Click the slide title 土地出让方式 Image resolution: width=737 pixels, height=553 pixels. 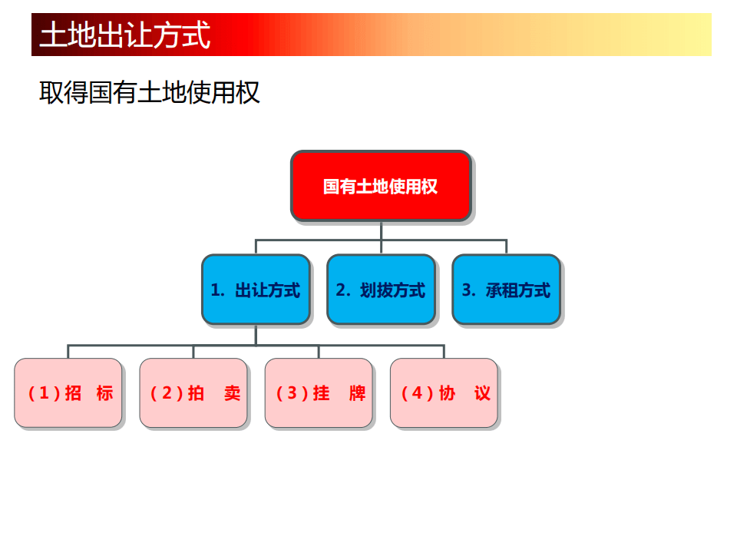tap(125, 35)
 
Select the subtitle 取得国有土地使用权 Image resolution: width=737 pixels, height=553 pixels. tap(149, 92)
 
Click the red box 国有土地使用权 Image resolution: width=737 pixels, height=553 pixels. tap(380, 187)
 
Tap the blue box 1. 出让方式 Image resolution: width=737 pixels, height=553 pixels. tap(256, 290)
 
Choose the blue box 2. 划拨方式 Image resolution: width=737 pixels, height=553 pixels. tap(381, 290)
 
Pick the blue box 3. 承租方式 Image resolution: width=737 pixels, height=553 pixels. tap(506, 290)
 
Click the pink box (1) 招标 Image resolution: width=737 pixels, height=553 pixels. tap(68, 392)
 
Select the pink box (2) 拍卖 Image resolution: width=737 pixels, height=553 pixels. tap(193, 392)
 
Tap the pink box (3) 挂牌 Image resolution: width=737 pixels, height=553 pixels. tap(319, 392)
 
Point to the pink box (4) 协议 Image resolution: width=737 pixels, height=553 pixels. tap(444, 392)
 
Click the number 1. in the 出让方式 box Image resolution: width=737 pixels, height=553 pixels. tap(217, 290)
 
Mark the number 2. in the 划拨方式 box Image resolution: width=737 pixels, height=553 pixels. tap(342, 290)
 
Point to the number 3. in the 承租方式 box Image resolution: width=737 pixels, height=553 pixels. tap(468, 290)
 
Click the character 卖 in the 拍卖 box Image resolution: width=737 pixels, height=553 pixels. tap(232, 393)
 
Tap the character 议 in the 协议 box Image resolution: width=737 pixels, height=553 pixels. tap(482, 393)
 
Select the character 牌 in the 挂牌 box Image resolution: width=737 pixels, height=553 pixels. tap(357, 393)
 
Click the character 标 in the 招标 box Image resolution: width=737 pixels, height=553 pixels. tap(105, 393)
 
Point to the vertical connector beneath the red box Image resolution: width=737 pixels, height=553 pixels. tap(381, 230)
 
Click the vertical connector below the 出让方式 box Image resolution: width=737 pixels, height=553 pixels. tap(256, 335)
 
